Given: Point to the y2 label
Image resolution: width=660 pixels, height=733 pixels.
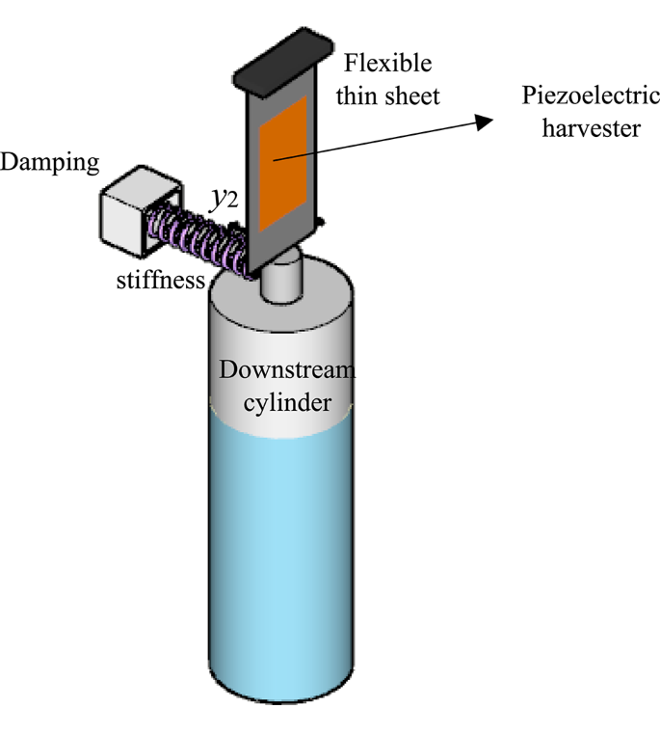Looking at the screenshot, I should point(224,200).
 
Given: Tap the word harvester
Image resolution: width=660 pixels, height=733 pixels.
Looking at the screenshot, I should point(591,127).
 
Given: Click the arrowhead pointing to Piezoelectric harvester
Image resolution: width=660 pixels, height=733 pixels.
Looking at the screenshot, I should point(481,119).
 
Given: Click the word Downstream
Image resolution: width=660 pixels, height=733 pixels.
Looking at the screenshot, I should point(286,371).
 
